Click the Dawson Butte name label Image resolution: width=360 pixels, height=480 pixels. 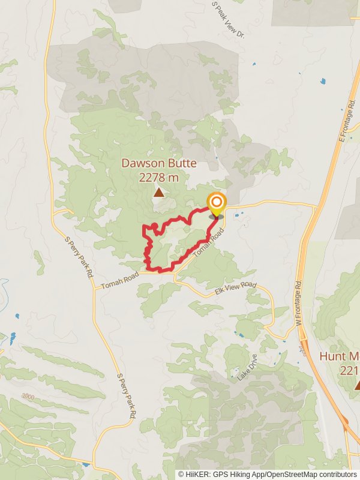pyautogui.click(x=159, y=163)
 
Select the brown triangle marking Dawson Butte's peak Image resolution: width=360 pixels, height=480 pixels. pyautogui.click(x=159, y=193)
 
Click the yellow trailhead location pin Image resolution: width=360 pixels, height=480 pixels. pyautogui.click(x=216, y=203)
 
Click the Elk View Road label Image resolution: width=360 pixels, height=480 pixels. pyautogui.click(x=235, y=289)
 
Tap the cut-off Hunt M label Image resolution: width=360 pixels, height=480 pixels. pyautogui.click(x=340, y=356)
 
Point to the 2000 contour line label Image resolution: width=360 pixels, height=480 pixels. pyautogui.click(x=28, y=397)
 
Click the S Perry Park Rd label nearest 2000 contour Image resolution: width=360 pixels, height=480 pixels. pyautogui.click(x=125, y=397)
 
